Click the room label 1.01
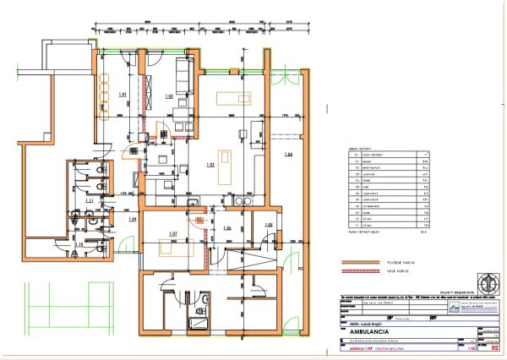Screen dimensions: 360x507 [x=122, y=94]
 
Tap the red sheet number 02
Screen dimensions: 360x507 [x=493, y=347]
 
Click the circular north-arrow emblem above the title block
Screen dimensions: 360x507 [x=488, y=281]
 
